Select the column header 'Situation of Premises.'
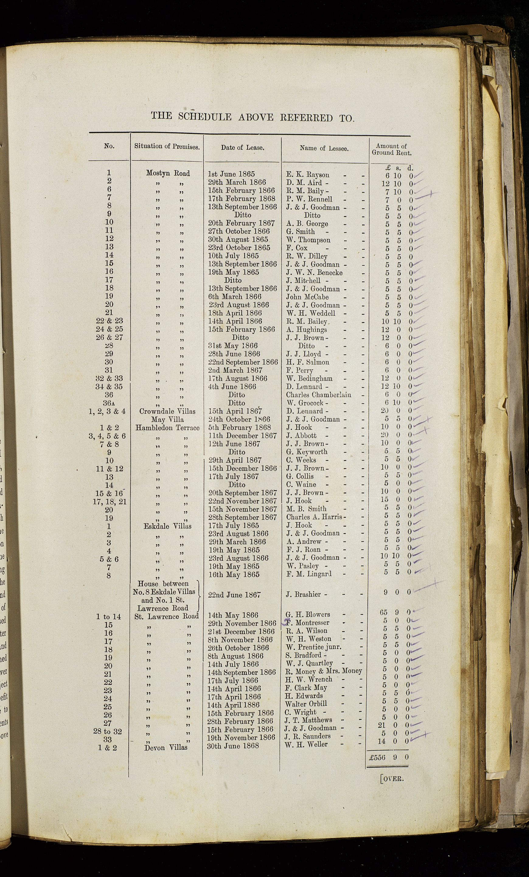pyautogui.click(x=167, y=146)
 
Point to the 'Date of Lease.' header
pyautogui.click(x=242, y=147)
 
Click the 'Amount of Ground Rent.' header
pyautogui.click(x=391, y=149)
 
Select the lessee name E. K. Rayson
pyautogui.click(x=308, y=175)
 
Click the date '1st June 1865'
pyautogui.click(x=231, y=174)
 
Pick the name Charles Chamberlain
pyautogui.click(x=318, y=395)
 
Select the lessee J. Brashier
pyautogui.click(x=304, y=595)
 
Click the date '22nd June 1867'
pyautogui.click(x=235, y=595)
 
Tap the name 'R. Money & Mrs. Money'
pyautogui.click(x=324, y=671)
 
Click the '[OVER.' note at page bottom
pyautogui.click(x=392, y=778)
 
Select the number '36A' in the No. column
pyautogui.click(x=110, y=403)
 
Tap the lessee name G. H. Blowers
pyautogui.click(x=308, y=615)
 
